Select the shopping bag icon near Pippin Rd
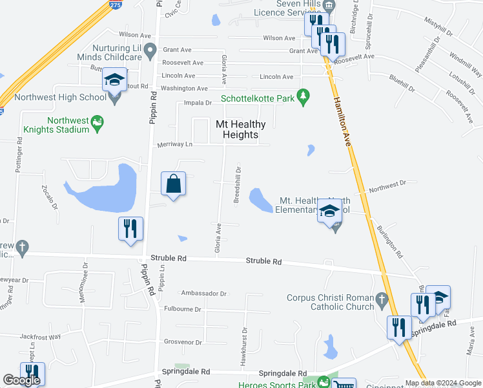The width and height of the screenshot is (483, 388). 174,184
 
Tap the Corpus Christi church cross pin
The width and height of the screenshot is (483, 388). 382,300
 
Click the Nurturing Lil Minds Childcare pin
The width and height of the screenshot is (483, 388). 150,49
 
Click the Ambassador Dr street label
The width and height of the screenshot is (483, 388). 204,293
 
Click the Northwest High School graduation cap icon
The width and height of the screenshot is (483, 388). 114,80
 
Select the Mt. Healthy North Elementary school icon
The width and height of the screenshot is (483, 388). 329,211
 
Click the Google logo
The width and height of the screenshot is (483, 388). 21,380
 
